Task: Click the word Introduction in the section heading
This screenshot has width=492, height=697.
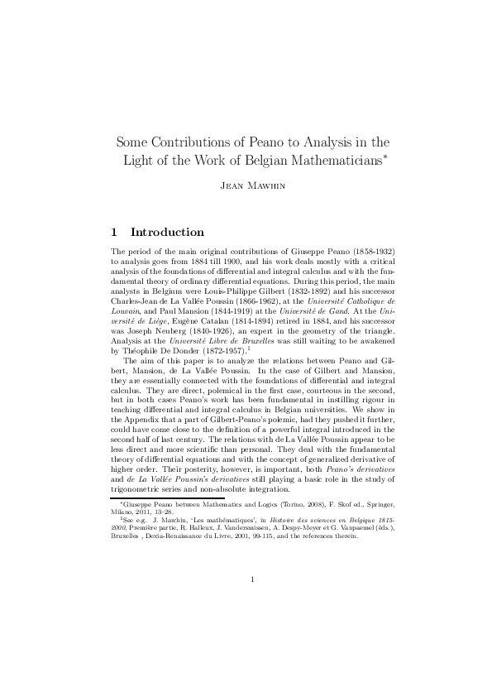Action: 167,233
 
